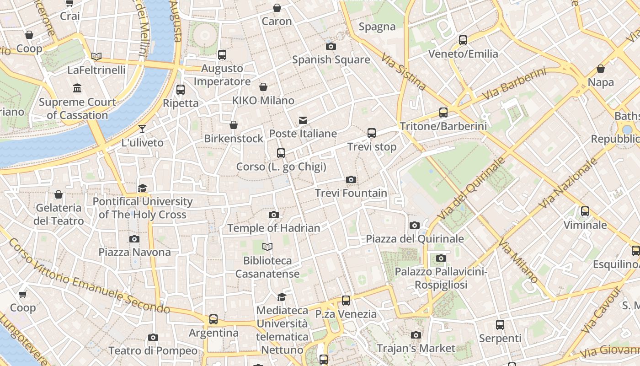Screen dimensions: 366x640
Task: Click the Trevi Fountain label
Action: pos(351,193)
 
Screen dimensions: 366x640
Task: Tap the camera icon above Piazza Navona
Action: pos(134,239)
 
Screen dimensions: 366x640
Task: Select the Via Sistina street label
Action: pos(405,72)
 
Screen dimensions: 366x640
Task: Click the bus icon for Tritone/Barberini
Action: pos(443,112)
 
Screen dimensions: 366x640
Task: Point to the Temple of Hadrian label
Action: pos(274,228)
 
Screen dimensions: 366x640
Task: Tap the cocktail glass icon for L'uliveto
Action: pos(142,129)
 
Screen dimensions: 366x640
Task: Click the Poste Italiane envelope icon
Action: pos(303,120)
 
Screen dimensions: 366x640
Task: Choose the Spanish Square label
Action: pos(331,59)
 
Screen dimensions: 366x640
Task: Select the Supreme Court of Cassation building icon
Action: pos(77,88)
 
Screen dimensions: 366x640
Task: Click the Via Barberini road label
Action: pos(514,85)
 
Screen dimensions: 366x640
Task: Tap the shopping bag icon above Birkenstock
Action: pos(234,125)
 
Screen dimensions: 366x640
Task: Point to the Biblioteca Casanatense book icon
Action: pos(267,247)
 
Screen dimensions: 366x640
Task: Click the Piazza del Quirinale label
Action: pos(415,239)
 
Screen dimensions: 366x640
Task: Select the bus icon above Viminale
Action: pos(585,211)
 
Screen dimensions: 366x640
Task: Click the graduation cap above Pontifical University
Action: pos(143,188)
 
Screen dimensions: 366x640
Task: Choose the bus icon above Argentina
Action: pos(213,319)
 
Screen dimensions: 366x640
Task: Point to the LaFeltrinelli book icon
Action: pos(96,56)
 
